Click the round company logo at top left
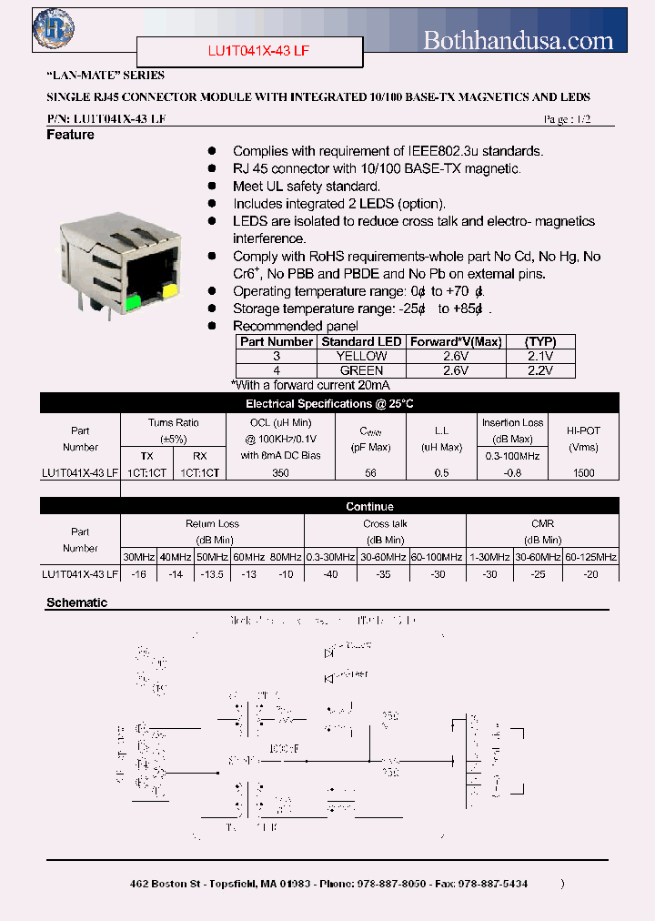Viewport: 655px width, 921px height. tap(54, 27)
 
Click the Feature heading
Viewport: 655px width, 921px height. tap(70, 135)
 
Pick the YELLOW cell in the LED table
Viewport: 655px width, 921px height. tap(361, 357)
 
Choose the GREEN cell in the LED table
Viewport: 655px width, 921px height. tap(361, 371)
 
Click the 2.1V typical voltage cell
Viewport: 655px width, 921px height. tap(540, 357)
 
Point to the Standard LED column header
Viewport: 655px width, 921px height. tap(361, 341)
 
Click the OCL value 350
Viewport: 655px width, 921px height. tap(280, 473)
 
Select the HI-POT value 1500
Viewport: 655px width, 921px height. tap(583, 473)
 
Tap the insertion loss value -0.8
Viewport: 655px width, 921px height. tap(512, 473)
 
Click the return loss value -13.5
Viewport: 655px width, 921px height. tap(211, 574)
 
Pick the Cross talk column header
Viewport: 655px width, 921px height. tap(385, 524)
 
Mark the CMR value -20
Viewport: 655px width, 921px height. tap(590, 574)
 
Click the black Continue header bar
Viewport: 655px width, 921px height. tap(370, 507)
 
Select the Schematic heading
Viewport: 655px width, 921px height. tap(76, 602)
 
